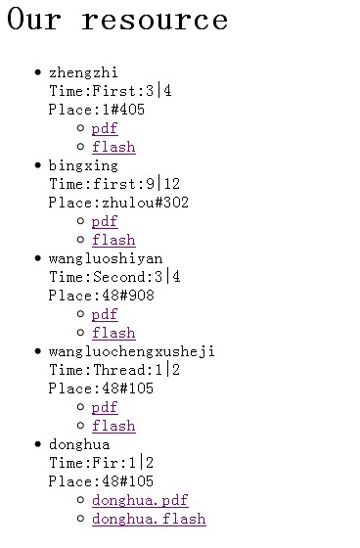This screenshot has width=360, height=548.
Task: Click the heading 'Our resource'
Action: pos(117,21)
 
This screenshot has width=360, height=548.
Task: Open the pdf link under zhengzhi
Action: pos(104,128)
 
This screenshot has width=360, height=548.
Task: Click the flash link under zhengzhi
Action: pos(113,147)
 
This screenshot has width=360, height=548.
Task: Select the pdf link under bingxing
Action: pos(104,221)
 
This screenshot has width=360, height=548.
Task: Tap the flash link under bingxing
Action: pos(113,240)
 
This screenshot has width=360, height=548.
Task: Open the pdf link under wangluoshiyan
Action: pos(104,314)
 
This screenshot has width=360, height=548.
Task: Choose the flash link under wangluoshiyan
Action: pos(113,333)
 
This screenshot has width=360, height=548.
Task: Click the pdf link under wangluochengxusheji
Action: pos(104,407)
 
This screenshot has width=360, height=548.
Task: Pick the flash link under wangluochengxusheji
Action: pos(113,426)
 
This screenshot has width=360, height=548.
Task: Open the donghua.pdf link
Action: pos(140,500)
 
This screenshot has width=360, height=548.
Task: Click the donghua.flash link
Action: pos(149,519)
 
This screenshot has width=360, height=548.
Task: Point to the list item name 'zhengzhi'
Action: pos(83,72)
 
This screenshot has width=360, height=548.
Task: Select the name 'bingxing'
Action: pos(83,165)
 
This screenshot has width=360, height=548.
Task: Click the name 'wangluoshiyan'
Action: pos(106,258)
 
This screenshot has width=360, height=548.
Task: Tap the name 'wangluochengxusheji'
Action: pos(131,351)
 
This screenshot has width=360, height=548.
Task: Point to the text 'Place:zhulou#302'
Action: pos(118,203)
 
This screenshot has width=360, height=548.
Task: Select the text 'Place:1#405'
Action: pos(96,110)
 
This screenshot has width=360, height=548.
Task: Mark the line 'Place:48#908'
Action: pos(101,296)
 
